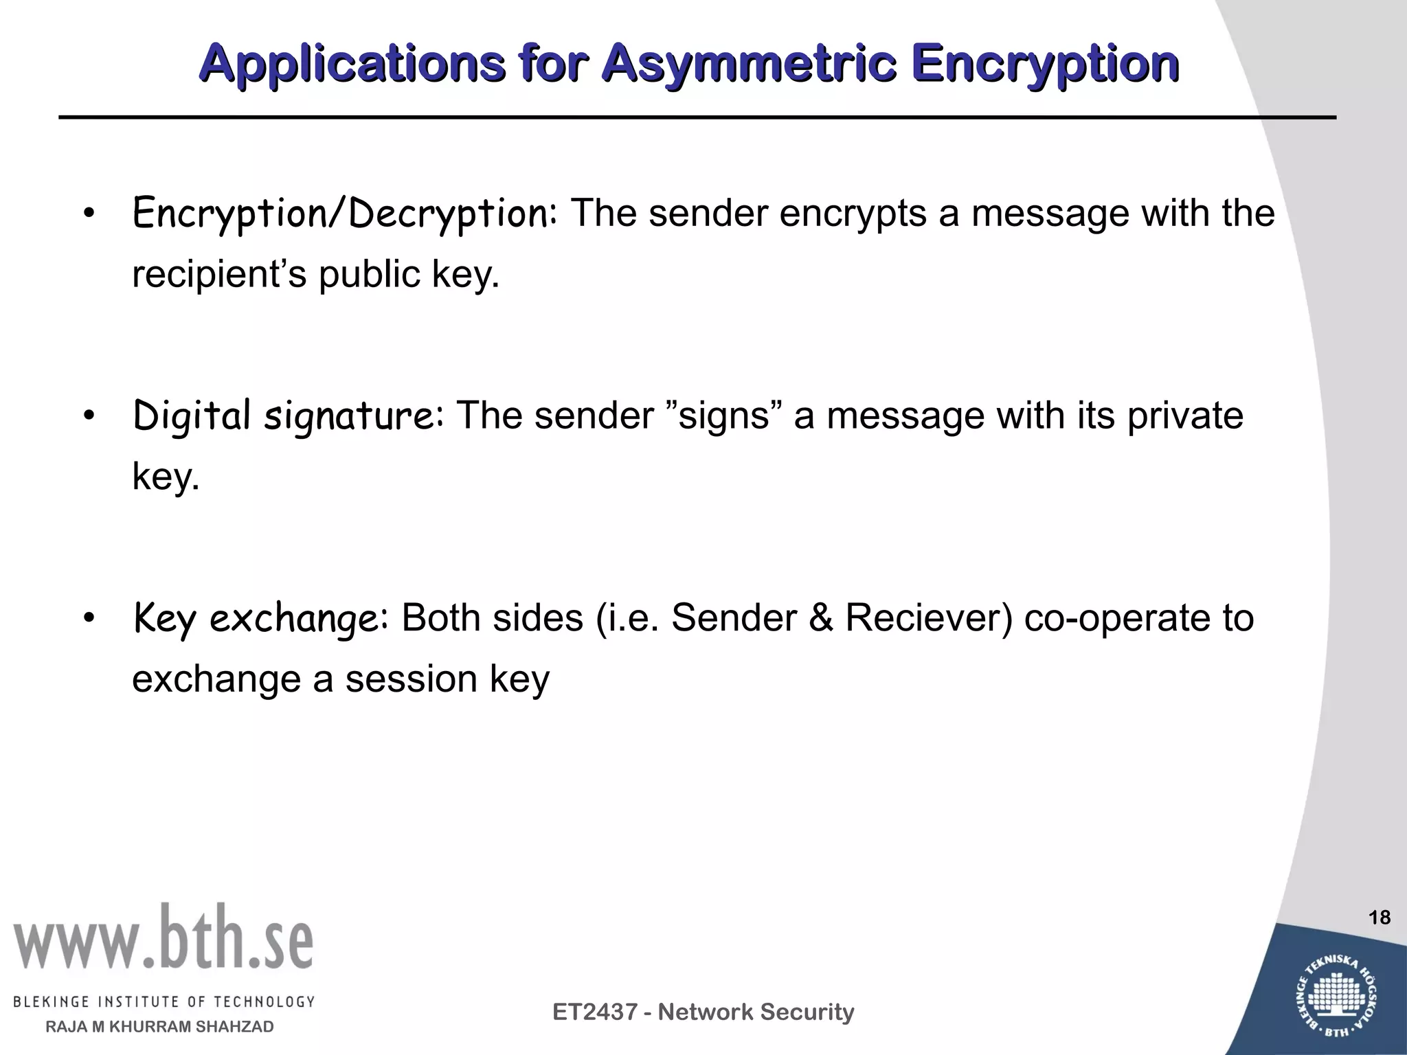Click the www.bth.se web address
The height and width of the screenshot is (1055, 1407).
point(163,937)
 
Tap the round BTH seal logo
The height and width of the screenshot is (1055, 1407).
point(1338,994)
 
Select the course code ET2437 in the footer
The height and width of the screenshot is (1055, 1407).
point(595,1012)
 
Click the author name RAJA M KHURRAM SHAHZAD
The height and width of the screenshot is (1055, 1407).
point(159,1027)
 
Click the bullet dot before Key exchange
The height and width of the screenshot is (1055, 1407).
point(87,618)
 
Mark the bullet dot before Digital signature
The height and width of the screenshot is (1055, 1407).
point(87,416)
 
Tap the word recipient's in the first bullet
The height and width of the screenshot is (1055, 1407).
point(218,274)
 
